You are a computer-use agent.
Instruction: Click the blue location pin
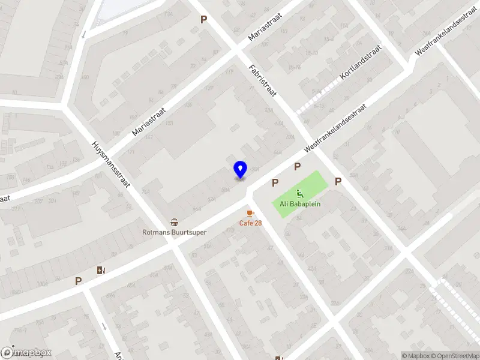coord(240,170)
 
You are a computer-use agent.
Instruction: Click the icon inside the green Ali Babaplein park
coord(299,193)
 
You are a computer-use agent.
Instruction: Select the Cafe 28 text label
coord(250,223)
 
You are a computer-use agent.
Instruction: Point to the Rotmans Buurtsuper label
coord(173,232)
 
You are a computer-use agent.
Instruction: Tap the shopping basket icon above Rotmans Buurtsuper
coord(174,222)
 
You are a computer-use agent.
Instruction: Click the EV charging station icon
coord(100,270)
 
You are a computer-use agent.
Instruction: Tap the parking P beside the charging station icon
coord(78,280)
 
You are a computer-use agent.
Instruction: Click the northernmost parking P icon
coord(203,19)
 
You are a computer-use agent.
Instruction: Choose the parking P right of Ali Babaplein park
coord(338,181)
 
